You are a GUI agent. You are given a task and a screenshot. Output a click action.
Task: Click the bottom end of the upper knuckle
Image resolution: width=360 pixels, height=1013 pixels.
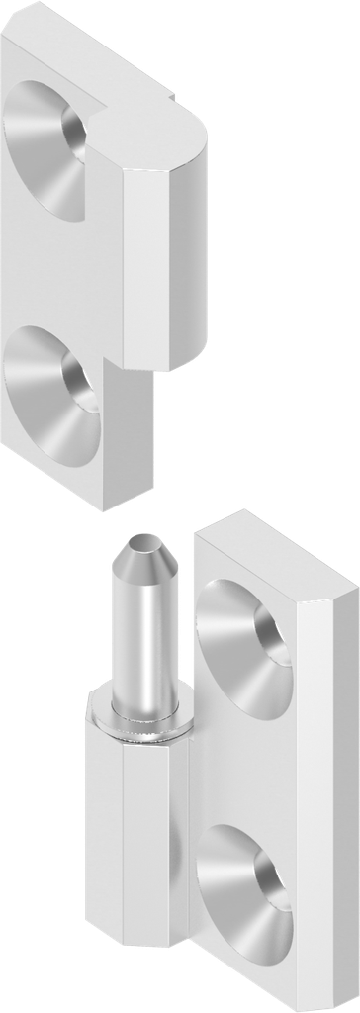(x=158, y=368)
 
